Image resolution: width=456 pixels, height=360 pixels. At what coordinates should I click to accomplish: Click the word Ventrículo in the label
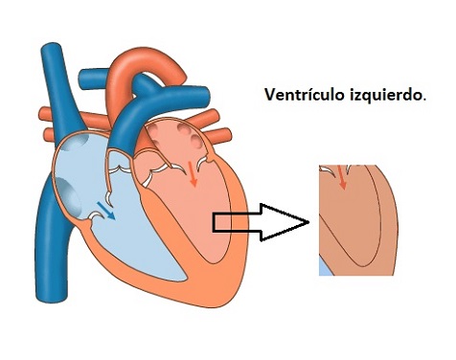305,96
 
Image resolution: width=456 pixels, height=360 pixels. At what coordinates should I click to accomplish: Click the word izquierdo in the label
385,96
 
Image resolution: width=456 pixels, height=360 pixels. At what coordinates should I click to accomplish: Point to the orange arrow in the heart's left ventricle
194,178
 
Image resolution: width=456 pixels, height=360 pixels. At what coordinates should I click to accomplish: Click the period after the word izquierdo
424,99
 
